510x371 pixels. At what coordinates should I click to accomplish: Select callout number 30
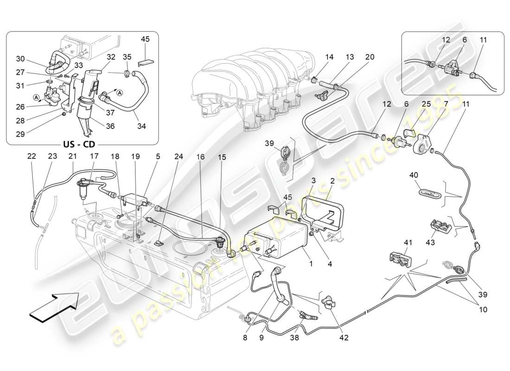[19, 59]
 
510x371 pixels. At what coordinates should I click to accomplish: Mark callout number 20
[370, 57]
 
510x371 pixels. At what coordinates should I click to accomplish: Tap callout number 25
[426, 105]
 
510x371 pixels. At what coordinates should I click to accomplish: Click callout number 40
[414, 175]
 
